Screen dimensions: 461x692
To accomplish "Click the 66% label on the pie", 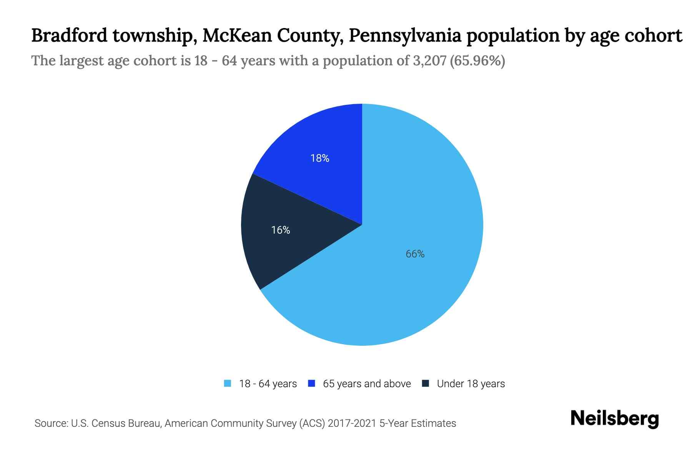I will [415, 254].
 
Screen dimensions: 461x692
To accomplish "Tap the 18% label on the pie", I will [320, 158].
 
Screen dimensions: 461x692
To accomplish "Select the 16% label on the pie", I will [281, 230].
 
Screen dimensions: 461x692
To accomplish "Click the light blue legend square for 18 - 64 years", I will [228, 383].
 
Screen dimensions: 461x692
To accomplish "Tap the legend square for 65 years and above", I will [311, 383].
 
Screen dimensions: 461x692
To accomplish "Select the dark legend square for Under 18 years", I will [425, 383].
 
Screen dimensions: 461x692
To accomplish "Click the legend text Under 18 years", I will [471, 384].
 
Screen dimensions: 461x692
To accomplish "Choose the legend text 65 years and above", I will [367, 384].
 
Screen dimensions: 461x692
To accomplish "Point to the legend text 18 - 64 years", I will [268, 384].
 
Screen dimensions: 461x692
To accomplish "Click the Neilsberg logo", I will [614, 419].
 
